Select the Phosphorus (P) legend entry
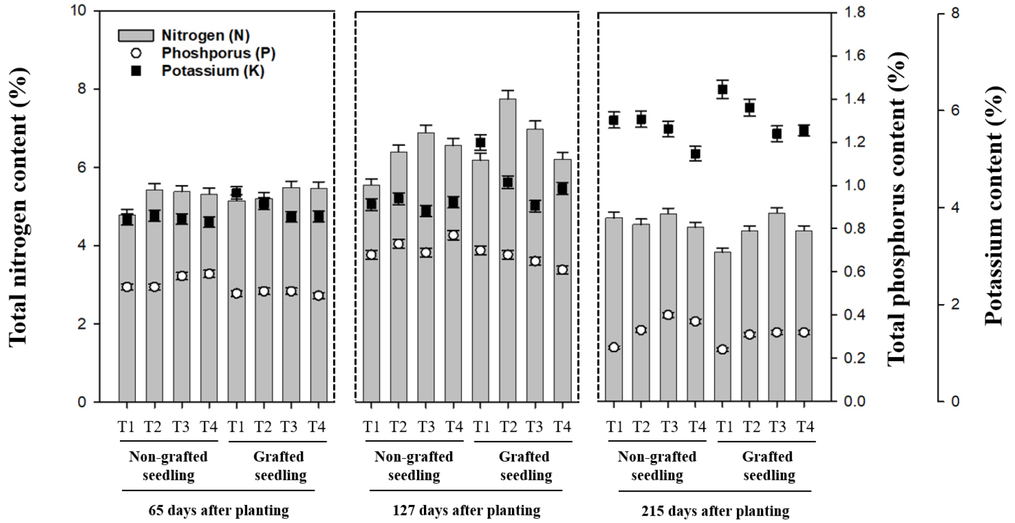click(218, 53)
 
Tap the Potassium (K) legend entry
click(212, 71)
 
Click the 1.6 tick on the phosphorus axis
click(855, 56)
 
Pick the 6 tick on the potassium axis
click(955, 110)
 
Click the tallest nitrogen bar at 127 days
click(508, 249)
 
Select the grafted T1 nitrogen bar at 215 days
click(722, 326)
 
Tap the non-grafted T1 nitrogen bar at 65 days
click(127, 308)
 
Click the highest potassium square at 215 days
click(722, 89)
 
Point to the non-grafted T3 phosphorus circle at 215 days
click(668, 315)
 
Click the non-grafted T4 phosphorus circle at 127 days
click(453, 236)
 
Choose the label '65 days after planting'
click(219, 510)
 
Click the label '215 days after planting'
click(715, 511)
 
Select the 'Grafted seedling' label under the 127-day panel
click(525, 466)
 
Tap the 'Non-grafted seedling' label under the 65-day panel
click(168, 466)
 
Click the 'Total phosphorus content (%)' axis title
click(896, 208)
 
